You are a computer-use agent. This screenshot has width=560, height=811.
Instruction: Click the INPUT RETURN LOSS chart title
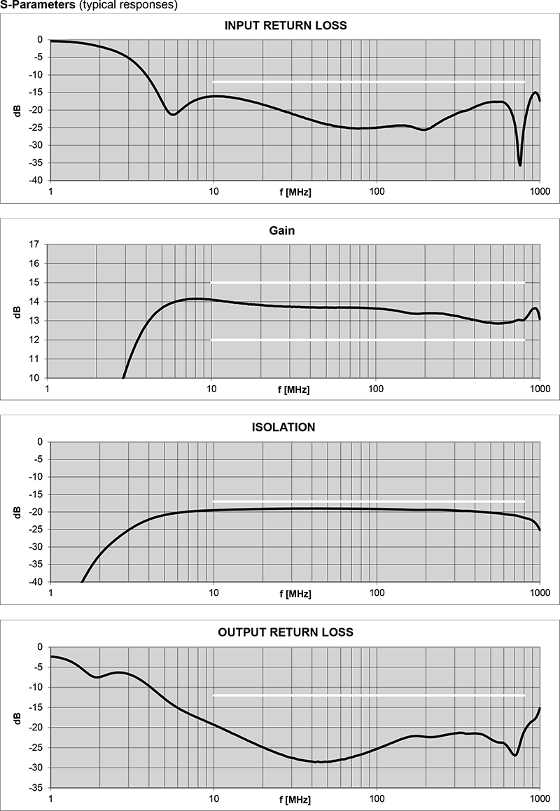pyautogui.click(x=285, y=26)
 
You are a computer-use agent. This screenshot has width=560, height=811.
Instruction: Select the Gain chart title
pyautogui.click(x=285, y=231)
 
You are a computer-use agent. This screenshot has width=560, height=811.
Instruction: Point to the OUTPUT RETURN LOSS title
pyautogui.click(x=285, y=632)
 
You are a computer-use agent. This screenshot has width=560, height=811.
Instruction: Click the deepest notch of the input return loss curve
pyautogui.click(x=519, y=165)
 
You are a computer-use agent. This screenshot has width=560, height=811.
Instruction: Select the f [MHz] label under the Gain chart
pyautogui.click(x=293, y=390)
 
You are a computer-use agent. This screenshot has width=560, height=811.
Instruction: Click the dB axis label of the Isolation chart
pyautogui.click(x=16, y=512)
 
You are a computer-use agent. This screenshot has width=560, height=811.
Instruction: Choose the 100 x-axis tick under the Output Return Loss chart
pyautogui.click(x=377, y=799)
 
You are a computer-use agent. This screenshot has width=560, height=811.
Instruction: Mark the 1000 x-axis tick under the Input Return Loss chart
pyautogui.click(x=539, y=191)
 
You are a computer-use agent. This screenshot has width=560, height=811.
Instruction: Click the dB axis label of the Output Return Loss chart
pyautogui.click(x=16, y=718)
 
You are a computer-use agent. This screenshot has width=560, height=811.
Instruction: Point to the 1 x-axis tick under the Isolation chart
pyautogui.click(x=50, y=593)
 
